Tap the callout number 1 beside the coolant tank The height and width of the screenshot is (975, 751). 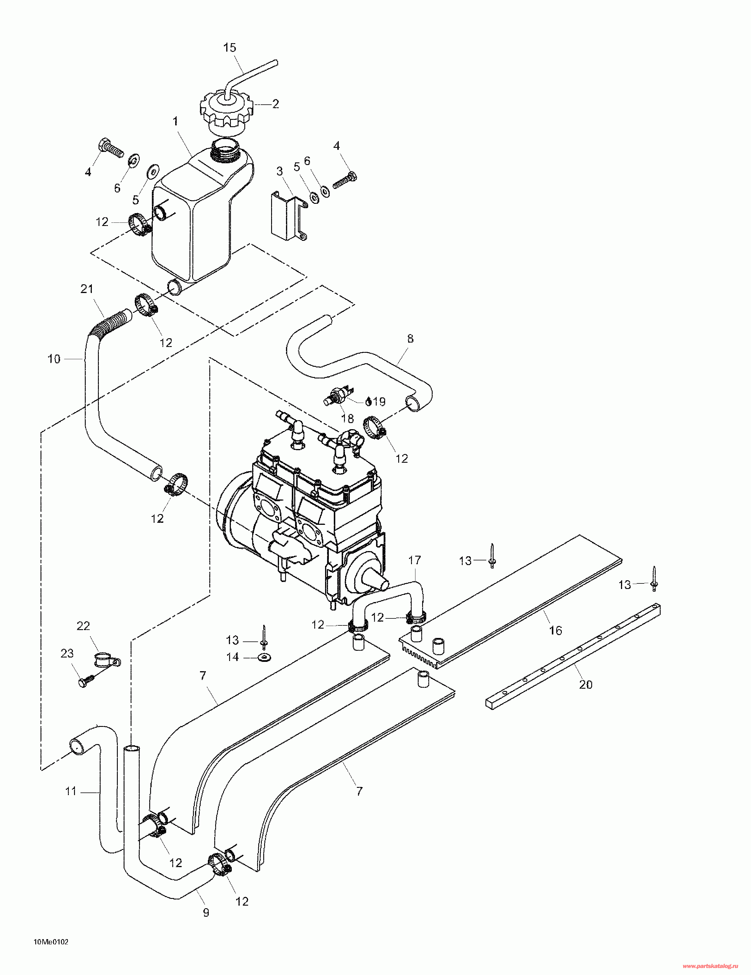coord(176,121)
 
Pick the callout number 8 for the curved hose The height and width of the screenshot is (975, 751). coord(410,339)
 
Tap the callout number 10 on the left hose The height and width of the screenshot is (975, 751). coord(54,359)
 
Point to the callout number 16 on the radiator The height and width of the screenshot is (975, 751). coord(555,630)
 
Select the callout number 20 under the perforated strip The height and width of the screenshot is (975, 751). coord(585,684)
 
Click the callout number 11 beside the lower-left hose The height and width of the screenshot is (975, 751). coord(71,792)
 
